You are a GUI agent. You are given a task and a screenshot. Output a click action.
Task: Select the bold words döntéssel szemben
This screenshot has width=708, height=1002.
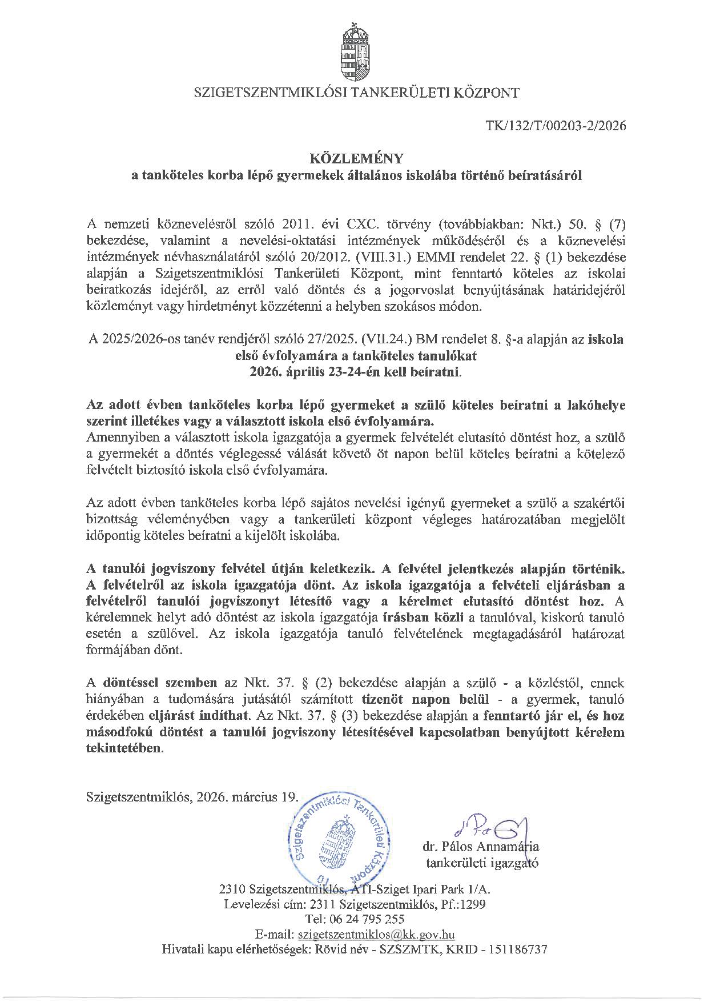[160, 683]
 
